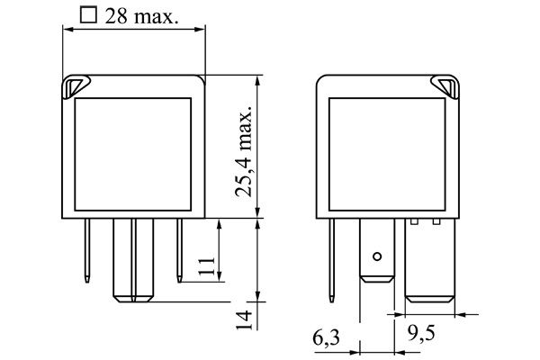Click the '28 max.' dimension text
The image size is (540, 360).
142,16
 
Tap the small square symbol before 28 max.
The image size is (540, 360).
88,15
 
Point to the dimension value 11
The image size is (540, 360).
207,266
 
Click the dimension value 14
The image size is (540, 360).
244,319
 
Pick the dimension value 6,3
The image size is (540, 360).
326,337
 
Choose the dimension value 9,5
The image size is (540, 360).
421,332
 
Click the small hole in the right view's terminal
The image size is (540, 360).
377,256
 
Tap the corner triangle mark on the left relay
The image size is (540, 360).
76,86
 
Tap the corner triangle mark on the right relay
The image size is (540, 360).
445,86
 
